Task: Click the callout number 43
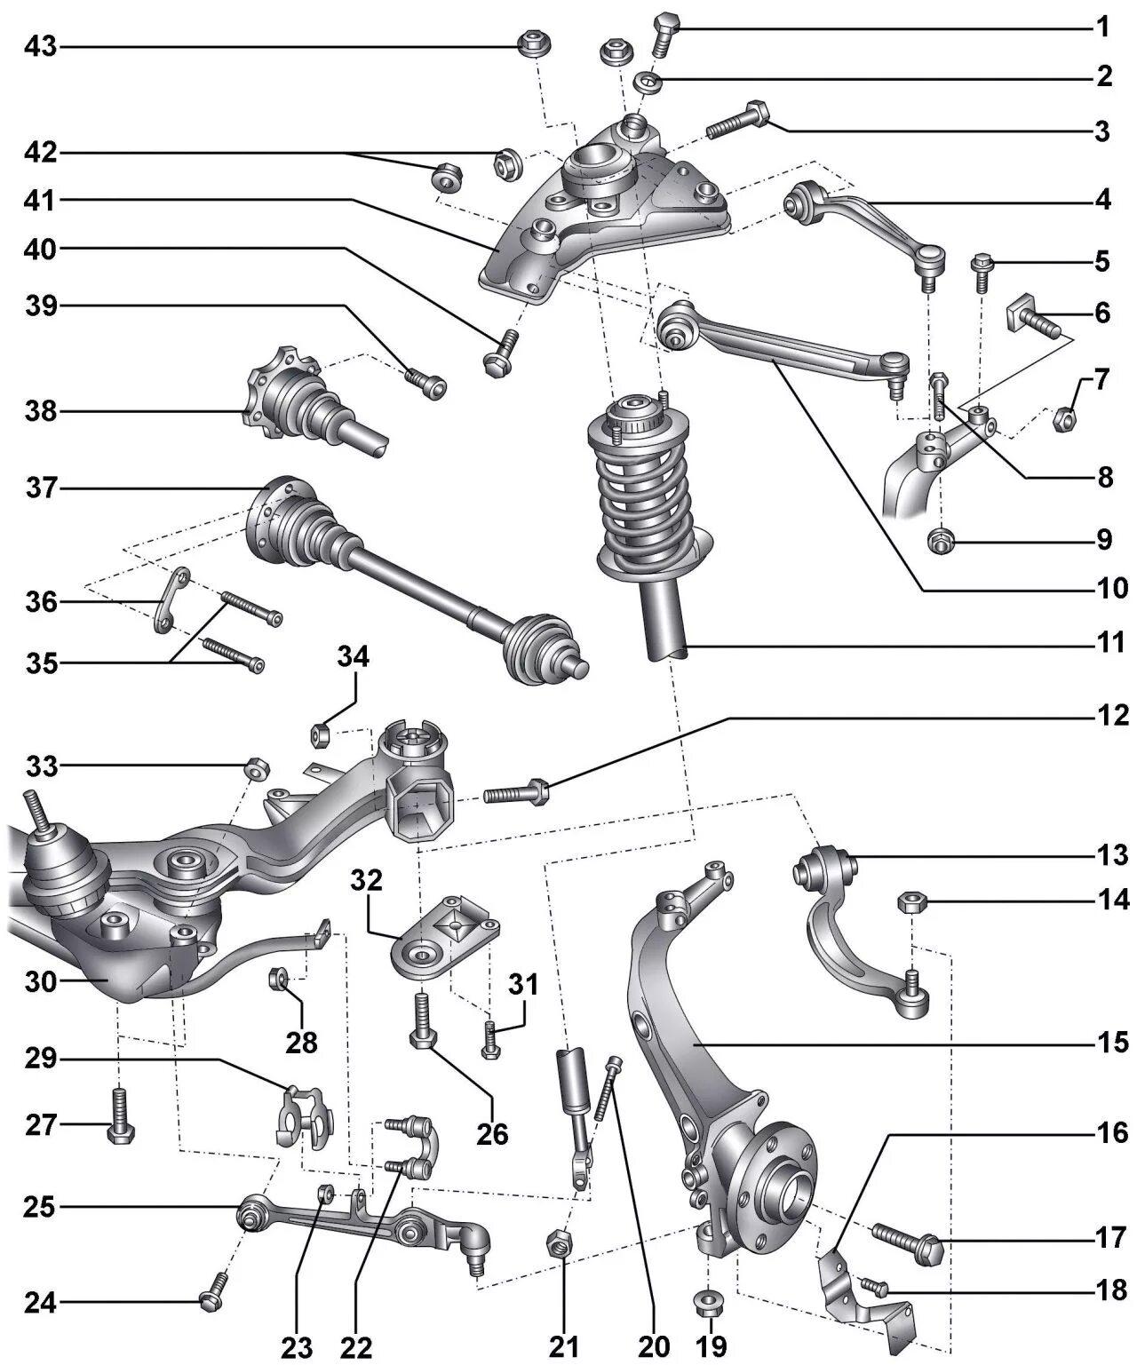tap(40, 46)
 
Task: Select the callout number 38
tap(40, 412)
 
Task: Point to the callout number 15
tap(1110, 1042)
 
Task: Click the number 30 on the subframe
tap(40, 982)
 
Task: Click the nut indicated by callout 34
tap(321, 734)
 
